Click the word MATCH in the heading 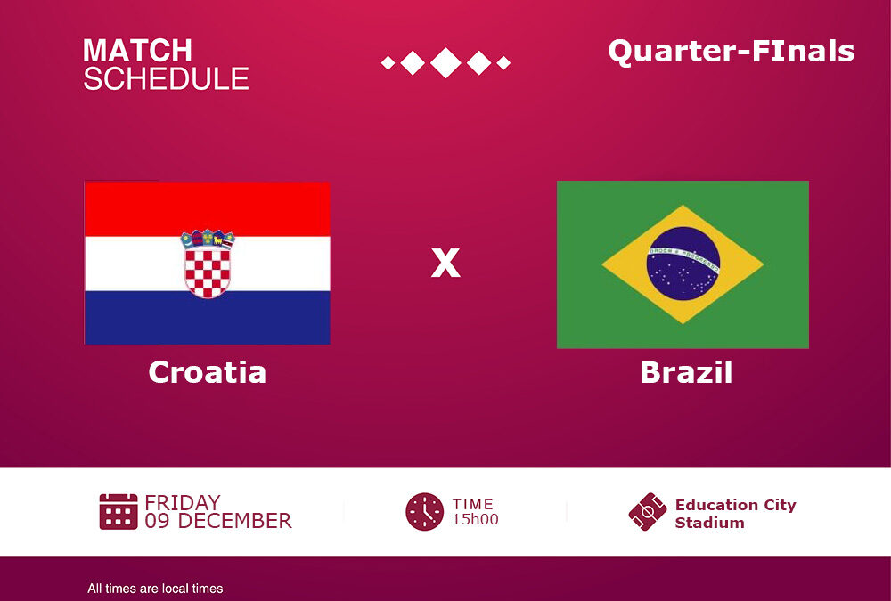(x=137, y=51)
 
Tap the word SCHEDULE (x=166, y=78)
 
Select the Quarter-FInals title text (x=732, y=51)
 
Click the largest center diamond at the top (x=445, y=62)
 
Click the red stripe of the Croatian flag (x=208, y=209)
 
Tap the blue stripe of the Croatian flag (x=208, y=318)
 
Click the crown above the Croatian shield (x=208, y=240)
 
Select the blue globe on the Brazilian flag (x=683, y=264)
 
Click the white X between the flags (x=445, y=263)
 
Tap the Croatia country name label (x=208, y=372)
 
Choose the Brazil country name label (x=686, y=372)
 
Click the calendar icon (x=119, y=511)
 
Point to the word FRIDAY (x=183, y=503)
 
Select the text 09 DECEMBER (x=218, y=521)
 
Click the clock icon (x=424, y=512)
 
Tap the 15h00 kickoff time (x=475, y=519)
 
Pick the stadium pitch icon (x=648, y=512)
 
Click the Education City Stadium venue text (x=735, y=514)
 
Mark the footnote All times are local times (x=155, y=589)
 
